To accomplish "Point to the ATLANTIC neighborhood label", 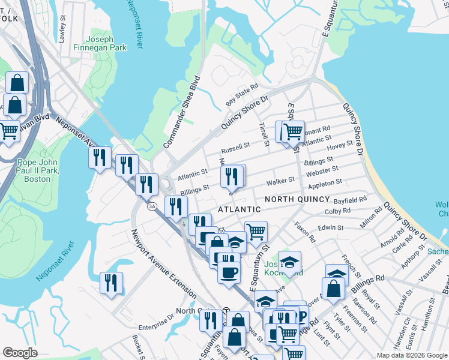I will [x=239, y=209].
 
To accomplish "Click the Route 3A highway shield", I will [x=152, y=206].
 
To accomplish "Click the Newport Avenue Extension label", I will [x=163, y=264].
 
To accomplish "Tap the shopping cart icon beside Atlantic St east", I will [x=292, y=131].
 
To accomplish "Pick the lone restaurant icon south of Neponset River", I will [x=111, y=283].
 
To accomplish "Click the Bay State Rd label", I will [x=241, y=94].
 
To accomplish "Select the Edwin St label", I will [x=331, y=228].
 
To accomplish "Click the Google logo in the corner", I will [x=20, y=353].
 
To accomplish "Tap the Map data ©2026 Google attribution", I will [x=411, y=355].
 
